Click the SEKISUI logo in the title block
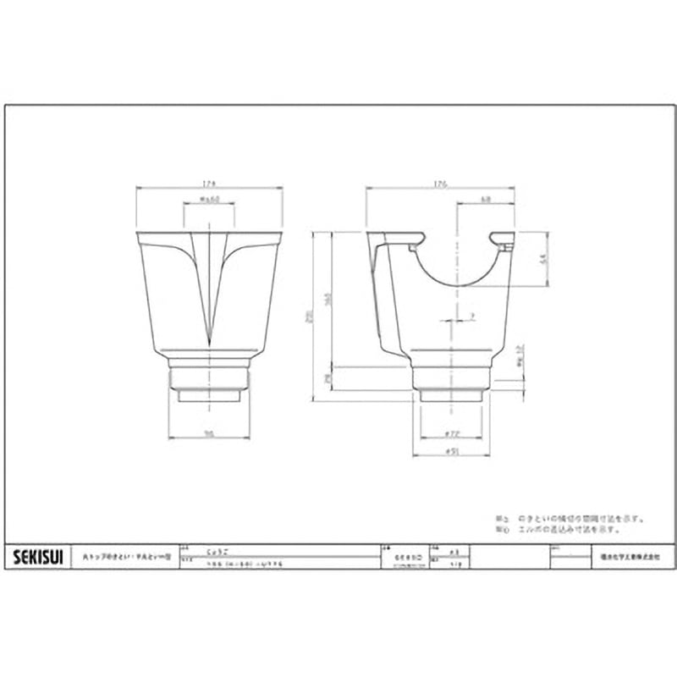(38, 556)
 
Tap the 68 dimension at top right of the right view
(487, 201)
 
